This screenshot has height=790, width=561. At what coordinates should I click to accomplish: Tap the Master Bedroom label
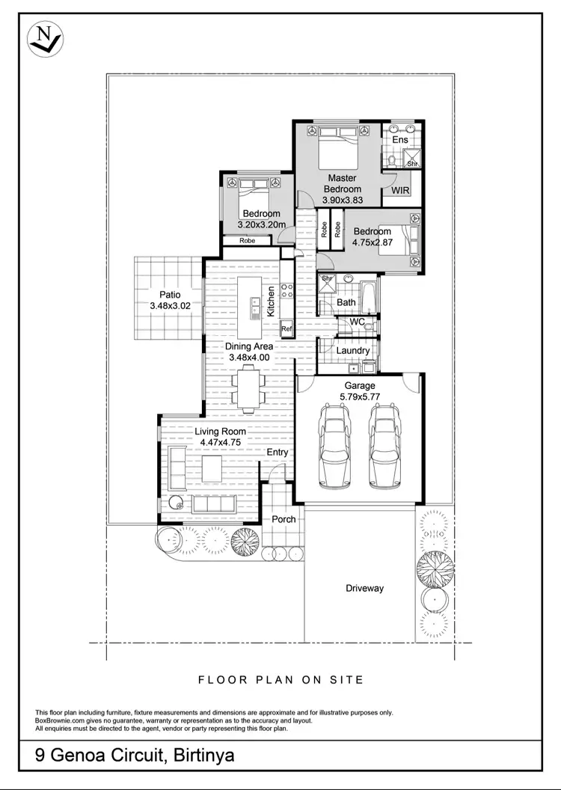343,183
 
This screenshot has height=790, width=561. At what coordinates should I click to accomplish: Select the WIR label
401,191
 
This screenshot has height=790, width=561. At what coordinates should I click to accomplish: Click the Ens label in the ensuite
400,140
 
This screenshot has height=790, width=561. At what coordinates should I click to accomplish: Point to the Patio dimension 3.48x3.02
165,306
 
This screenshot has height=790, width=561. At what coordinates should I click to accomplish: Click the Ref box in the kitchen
286,328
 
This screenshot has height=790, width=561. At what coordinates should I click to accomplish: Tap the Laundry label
352,351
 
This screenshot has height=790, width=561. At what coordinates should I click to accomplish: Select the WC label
357,322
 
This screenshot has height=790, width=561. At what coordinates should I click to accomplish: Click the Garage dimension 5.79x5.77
360,396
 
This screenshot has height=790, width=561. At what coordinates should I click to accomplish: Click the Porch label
283,519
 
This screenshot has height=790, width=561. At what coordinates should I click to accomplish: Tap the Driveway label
364,588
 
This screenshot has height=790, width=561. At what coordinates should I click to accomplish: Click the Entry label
278,453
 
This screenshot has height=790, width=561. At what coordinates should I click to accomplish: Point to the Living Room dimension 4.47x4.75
221,442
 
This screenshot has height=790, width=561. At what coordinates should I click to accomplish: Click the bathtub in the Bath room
368,298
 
